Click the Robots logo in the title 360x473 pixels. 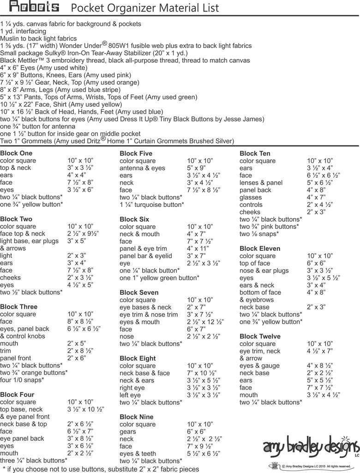(34, 7)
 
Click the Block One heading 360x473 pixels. (16, 153)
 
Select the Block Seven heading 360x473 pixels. (139, 292)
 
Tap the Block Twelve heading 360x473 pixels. (260, 336)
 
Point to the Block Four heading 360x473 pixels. (17, 394)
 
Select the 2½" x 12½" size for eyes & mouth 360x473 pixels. (205, 322)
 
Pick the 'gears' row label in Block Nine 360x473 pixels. (128, 431)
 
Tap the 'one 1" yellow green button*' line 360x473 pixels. (159, 278)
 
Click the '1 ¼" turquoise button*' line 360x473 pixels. (151, 204)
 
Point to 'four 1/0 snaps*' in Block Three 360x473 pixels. (22, 380)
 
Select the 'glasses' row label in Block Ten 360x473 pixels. (251, 197)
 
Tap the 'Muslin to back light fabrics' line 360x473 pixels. (38, 38)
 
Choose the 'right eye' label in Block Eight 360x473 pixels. (132, 388)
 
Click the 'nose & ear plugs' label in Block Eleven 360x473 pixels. (264, 270)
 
